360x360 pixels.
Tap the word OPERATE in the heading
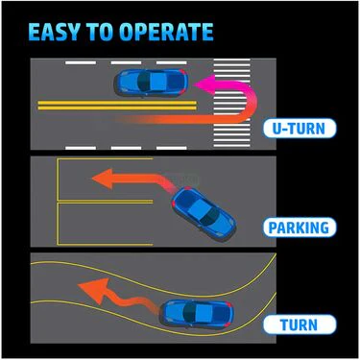pos(166,32)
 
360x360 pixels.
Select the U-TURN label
pos(300,129)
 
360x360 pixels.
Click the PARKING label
pos(300,228)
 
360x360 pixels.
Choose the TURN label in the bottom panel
pos(300,324)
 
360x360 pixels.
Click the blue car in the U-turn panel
pos(151,83)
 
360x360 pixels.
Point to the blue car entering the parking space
pos(204,213)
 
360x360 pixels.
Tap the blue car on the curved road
pos(197,313)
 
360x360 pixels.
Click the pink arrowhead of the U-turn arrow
pos(204,84)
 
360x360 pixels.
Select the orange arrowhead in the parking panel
pos(103,179)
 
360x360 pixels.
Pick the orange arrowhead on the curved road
pos(94,290)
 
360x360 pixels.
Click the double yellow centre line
pos(117,106)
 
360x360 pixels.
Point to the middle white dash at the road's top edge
pos(126,62)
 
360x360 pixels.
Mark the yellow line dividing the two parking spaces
pos(106,202)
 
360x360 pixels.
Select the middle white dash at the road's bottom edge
pos(126,148)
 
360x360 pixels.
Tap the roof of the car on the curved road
pos(201,313)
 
